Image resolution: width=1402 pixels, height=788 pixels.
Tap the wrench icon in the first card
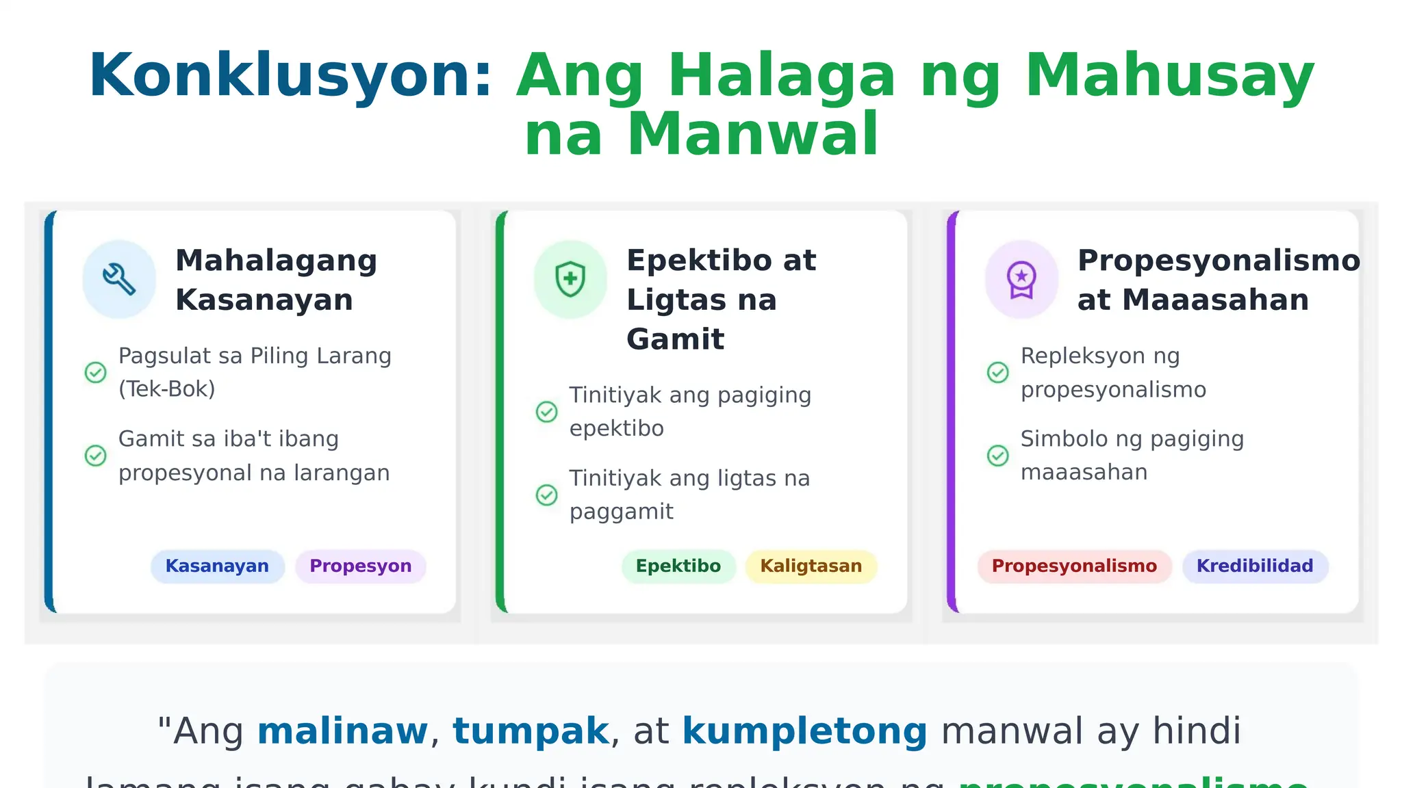click(119, 279)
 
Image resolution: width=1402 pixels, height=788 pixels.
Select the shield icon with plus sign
click(570, 279)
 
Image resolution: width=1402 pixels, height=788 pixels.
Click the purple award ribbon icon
click(1021, 279)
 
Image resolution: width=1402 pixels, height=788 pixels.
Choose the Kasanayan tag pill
click(217, 566)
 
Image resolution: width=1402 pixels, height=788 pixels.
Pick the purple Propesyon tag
click(361, 566)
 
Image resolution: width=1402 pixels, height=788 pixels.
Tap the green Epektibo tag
click(678, 566)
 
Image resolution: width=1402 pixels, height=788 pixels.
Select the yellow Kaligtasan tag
click(811, 566)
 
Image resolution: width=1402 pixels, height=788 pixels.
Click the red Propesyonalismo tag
click(1074, 566)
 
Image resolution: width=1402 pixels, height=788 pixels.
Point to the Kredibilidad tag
click(1255, 566)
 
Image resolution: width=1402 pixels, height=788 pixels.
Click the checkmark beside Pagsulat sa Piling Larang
click(95, 372)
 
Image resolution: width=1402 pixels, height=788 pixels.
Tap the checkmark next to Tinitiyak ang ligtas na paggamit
click(546, 495)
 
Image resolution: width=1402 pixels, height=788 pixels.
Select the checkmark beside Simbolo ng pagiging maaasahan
click(997, 455)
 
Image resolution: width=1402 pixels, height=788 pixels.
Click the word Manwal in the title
click(752, 134)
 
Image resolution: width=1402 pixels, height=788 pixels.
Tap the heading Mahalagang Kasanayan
click(276, 280)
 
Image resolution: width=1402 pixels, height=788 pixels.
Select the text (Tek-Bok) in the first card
click(167, 389)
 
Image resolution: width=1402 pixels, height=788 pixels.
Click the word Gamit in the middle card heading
click(675, 339)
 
